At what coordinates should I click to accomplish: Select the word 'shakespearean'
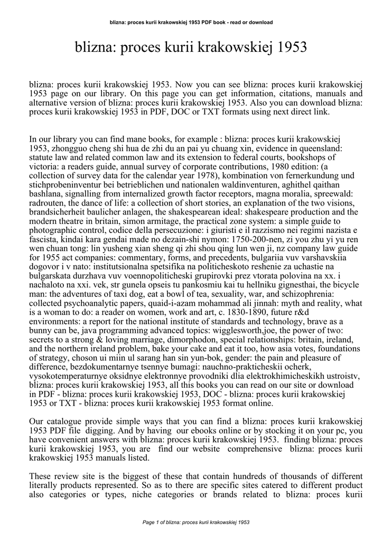[x=167, y=212]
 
